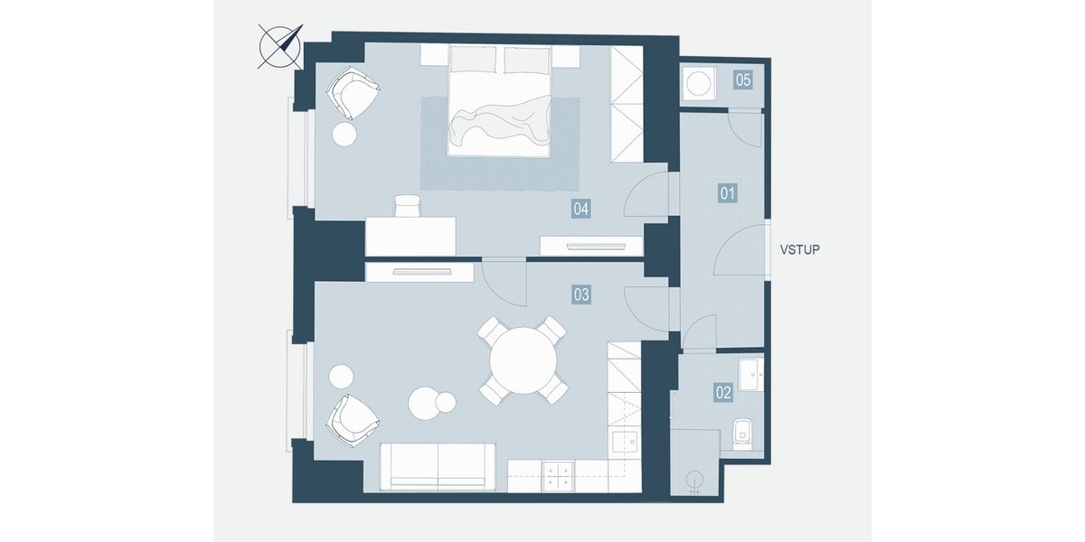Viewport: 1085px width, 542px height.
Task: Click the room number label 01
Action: [x=727, y=193]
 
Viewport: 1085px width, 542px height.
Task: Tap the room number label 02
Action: [x=723, y=392]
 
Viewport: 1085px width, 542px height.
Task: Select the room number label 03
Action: [x=581, y=294]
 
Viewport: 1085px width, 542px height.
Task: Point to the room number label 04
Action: [x=580, y=209]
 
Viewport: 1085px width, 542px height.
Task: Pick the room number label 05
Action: [x=743, y=79]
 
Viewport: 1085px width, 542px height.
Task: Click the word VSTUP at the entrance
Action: [x=799, y=249]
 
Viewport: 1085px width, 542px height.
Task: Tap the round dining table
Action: [x=524, y=360]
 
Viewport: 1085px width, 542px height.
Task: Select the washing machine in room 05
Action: [x=698, y=83]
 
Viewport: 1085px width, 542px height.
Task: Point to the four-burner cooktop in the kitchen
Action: [x=558, y=476]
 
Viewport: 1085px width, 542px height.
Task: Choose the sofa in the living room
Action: [x=438, y=466]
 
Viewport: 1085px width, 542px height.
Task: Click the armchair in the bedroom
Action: [x=352, y=92]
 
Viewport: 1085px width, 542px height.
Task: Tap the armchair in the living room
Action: [x=352, y=420]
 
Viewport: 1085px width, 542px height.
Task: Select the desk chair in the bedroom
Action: [x=408, y=206]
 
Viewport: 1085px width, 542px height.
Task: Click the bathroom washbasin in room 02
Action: [x=750, y=374]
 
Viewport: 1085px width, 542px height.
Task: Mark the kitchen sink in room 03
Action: [x=626, y=442]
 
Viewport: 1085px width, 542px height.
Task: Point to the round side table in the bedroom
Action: [x=344, y=135]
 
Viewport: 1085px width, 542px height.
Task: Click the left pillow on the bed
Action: [x=474, y=60]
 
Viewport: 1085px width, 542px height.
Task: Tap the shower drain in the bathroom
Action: [x=694, y=480]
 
